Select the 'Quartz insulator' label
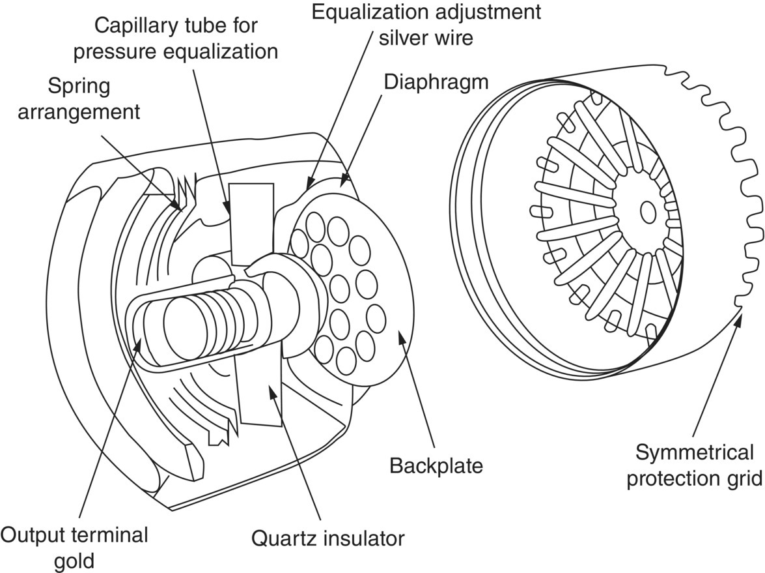pos(328,538)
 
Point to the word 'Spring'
pos(79,85)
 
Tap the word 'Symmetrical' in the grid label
pos(694,452)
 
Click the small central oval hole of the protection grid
pos(648,211)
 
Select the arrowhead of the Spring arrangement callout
pos(180,208)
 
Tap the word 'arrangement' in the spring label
pos(79,111)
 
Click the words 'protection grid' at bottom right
pos(694,478)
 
